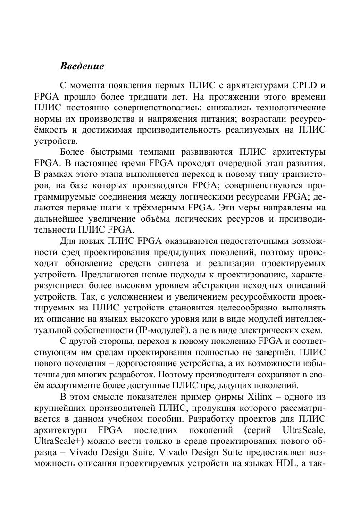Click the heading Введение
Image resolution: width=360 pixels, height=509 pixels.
[x=82, y=66]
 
